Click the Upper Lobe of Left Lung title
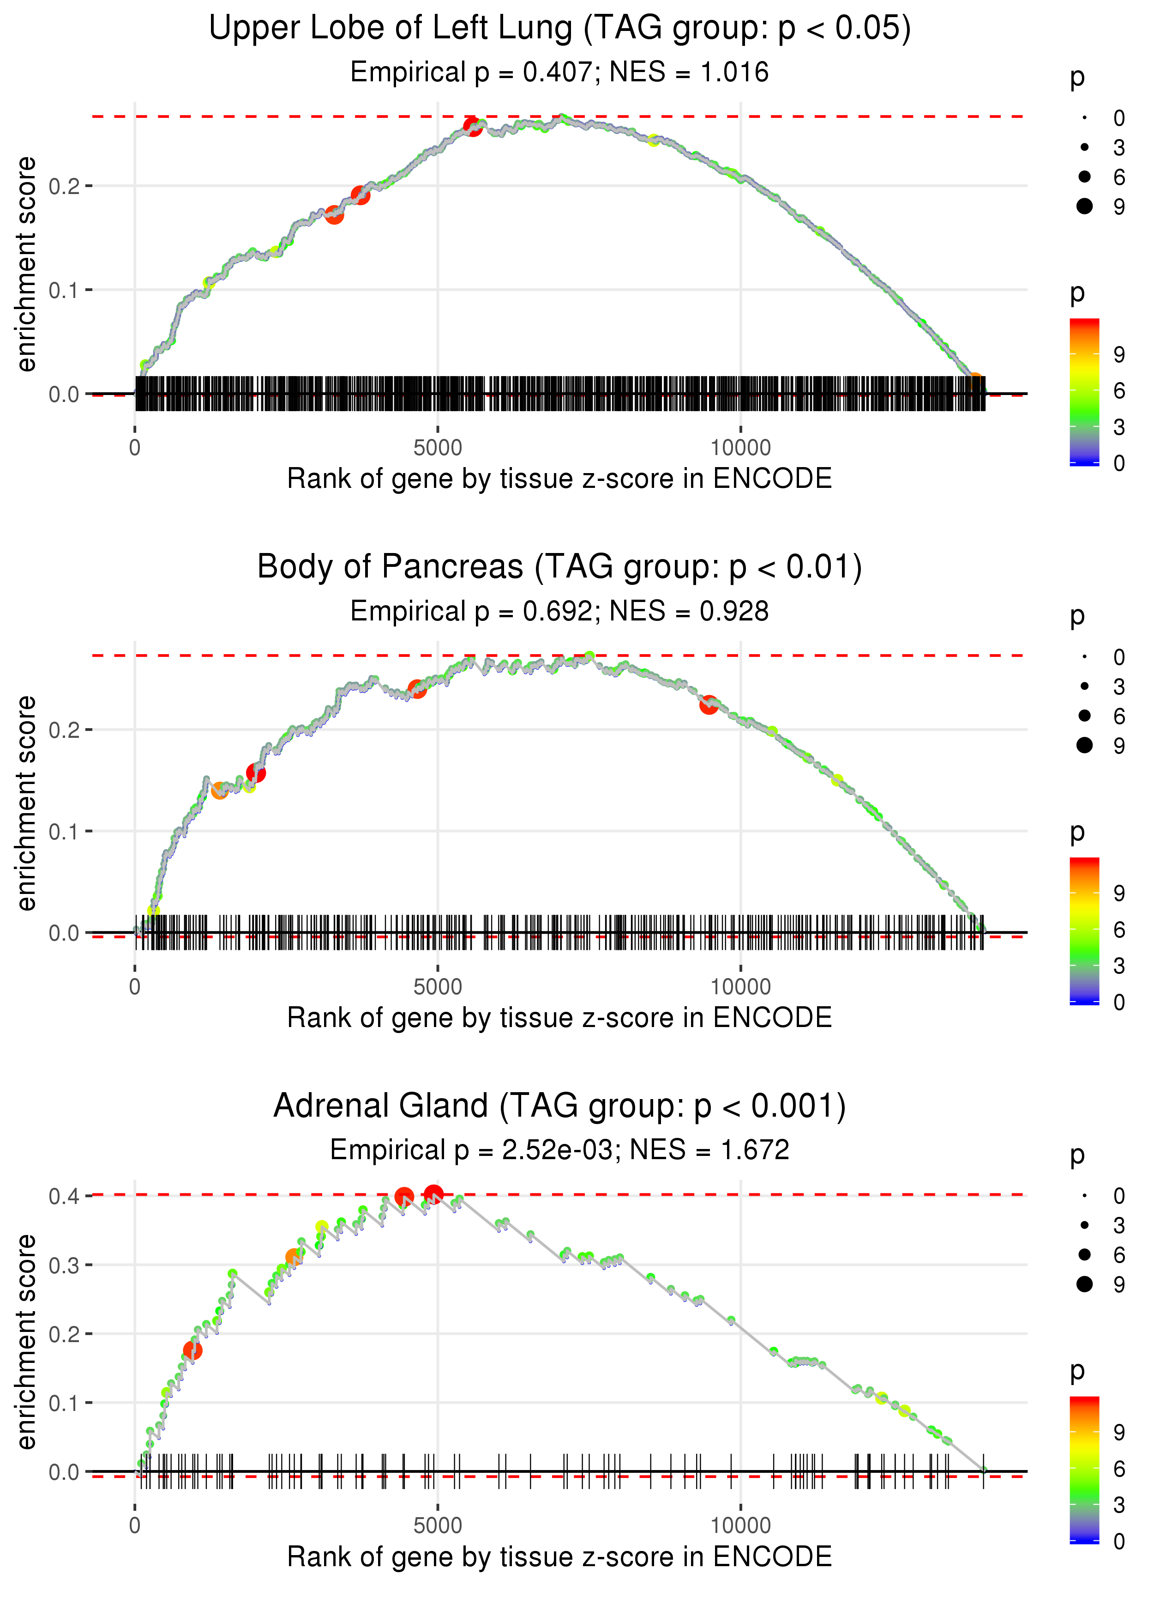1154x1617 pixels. tap(559, 29)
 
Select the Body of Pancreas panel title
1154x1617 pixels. tap(559, 567)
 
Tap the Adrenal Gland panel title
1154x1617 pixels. tap(559, 1106)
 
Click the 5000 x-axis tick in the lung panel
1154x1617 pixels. tap(438, 448)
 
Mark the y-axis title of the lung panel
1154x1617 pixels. tap(26, 265)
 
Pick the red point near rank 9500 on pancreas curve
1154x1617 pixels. tap(709, 705)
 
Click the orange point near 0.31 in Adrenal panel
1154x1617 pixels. tap(293, 1257)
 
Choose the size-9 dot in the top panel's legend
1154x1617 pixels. tap(1084, 206)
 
